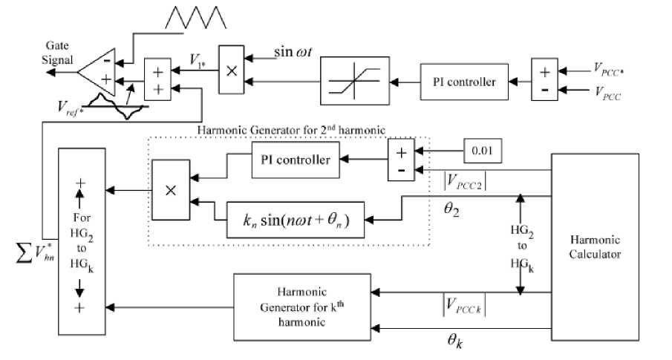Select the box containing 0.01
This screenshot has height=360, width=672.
click(x=483, y=151)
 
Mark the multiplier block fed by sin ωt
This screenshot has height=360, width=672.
click(x=231, y=71)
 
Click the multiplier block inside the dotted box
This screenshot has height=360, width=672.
click(x=169, y=189)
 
